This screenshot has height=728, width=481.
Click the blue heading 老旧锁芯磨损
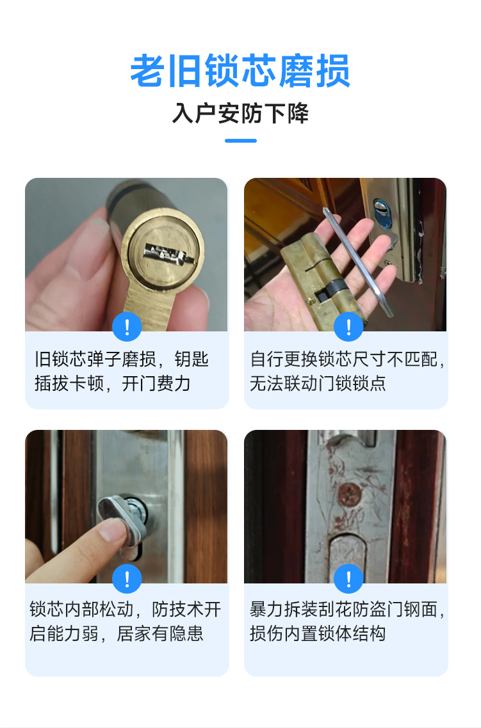pyautogui.click(x=240, y=71)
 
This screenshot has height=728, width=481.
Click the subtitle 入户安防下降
pyautogui.click(x=240, y=113)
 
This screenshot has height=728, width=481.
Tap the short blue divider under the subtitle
pyautogui.click(x=241, y=141)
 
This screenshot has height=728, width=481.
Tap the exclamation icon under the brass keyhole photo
pyautogui.click(x=127, y=327)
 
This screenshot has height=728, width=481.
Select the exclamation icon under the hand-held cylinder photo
pyautogui.click(x=348, y=327)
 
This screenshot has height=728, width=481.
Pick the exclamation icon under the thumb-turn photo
pyautogui.click(x=127, y=579)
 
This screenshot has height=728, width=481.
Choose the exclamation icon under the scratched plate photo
pyautogui.click(x=348, y=579)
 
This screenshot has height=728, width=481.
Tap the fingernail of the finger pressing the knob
pyautogui.click(x=114, y=529)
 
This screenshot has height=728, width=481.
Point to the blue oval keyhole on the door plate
pyautogui.click(x=382, y=212)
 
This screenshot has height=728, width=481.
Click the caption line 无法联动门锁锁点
pyautogui.click(x=318, y=383)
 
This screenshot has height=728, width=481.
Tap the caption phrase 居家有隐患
pyautogui.click(x=160, y=633)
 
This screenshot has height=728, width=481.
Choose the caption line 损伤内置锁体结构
pyautogui.click(x=318, y=633)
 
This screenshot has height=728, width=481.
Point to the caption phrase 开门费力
pyautogui.click(x=156, y=383)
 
